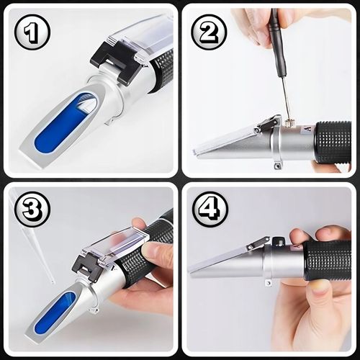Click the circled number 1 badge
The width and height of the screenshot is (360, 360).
32,32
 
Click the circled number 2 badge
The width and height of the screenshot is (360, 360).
209,32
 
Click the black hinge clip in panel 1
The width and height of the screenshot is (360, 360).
114,61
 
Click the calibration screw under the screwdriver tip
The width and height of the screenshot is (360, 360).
287,123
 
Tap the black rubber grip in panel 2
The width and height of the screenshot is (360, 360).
333,143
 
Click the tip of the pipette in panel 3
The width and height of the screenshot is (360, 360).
53,282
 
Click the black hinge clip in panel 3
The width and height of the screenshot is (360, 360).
87,267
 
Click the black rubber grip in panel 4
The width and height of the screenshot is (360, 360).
328,261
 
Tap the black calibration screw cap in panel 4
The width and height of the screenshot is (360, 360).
278,241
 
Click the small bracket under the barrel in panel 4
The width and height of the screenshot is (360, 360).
269,282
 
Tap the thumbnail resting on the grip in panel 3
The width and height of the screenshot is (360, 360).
149,251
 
